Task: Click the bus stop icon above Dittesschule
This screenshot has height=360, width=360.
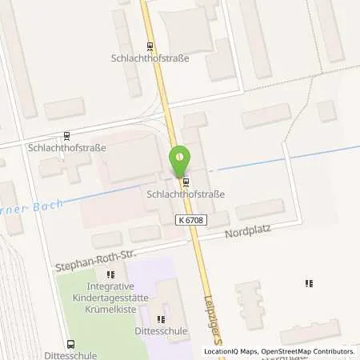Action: (x=71, y=344)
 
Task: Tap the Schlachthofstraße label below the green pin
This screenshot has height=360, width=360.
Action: (x=186, y=194)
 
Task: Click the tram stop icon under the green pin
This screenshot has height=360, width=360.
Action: (x=180, y=179)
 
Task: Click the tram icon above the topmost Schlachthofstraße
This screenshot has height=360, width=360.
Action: (x=150, y=46)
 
